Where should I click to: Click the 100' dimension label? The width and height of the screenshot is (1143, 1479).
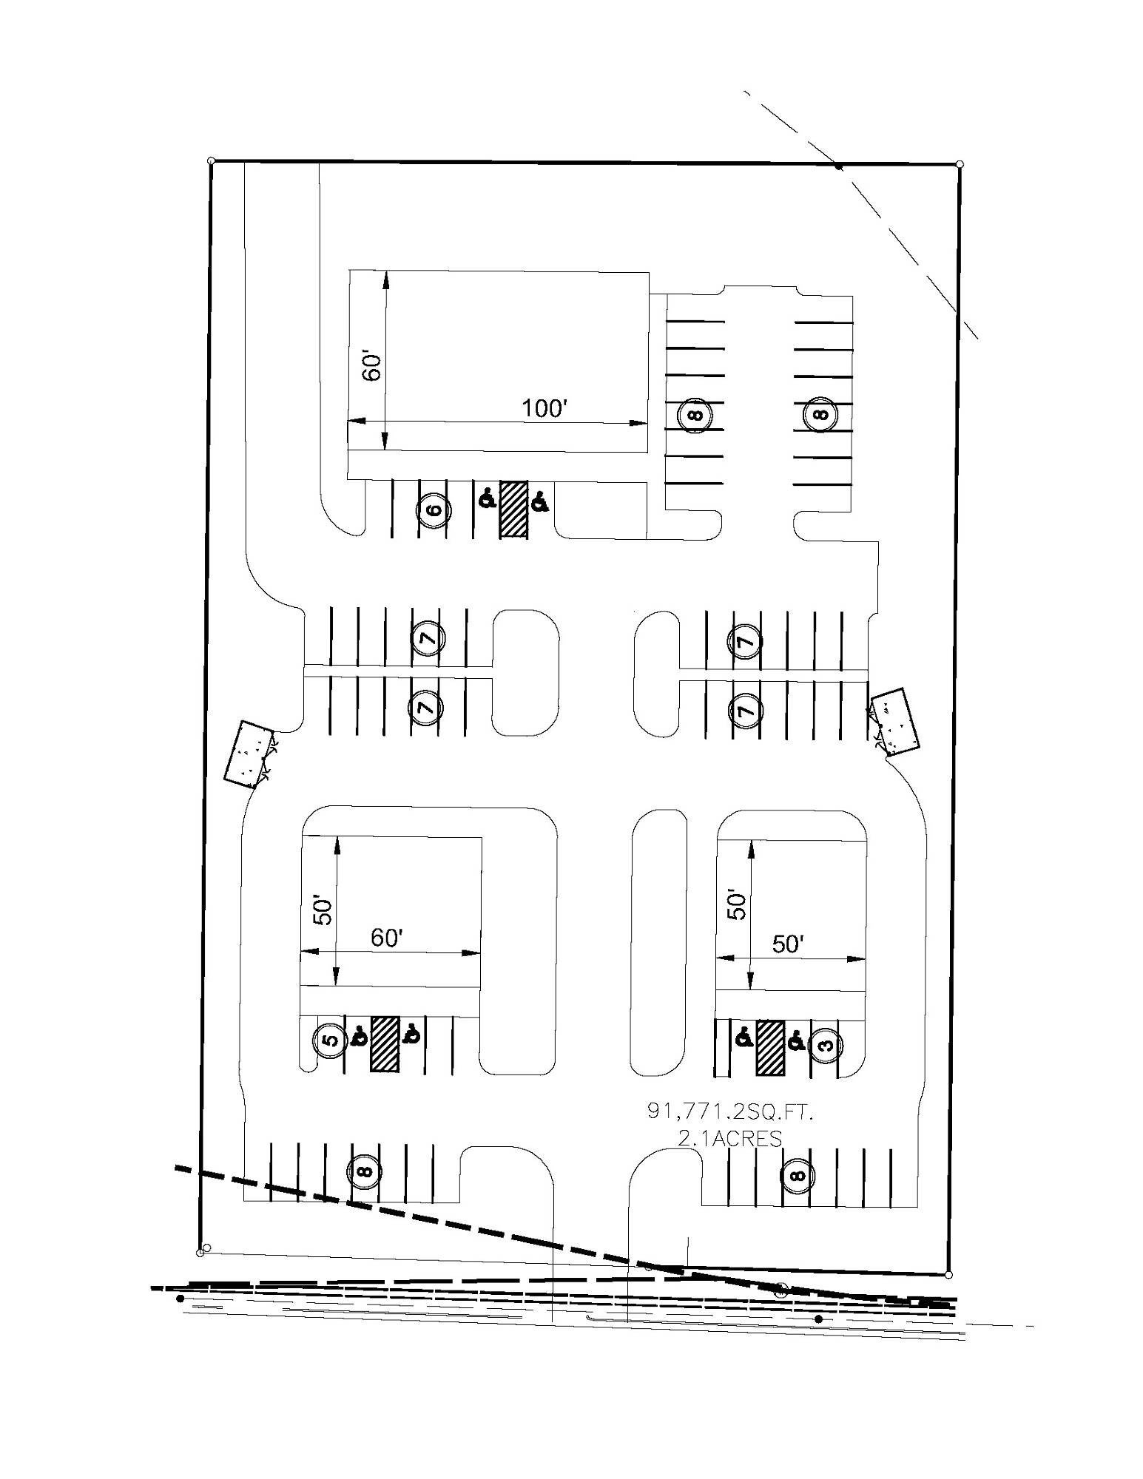tap(544, 407)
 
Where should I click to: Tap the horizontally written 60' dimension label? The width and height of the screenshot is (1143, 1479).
tap(386, 938)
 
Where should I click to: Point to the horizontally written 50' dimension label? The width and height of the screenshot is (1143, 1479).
tap(788, 944)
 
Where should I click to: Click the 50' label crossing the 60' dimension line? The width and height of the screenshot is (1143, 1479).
tap(323, 910)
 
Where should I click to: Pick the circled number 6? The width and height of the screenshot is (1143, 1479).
tap(434, 510)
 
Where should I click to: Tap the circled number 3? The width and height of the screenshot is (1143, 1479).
tap(826, 1045)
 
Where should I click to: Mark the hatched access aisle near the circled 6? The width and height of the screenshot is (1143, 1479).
tap(514, 509)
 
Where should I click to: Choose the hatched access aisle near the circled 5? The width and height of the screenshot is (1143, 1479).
tap(385, 1043)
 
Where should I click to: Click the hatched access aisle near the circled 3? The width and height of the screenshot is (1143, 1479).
tap(770, 1047)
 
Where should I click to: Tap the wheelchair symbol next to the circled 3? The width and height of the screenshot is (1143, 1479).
tap(796, 1041)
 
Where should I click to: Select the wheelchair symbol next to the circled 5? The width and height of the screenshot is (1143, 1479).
tap(360, 1036)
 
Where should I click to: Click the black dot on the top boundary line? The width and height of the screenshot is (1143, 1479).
tap(838, 166)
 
